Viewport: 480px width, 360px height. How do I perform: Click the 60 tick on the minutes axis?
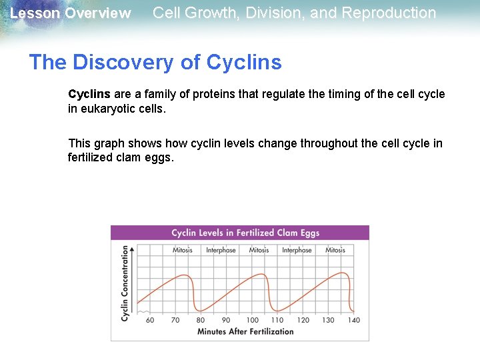tap(149, 320)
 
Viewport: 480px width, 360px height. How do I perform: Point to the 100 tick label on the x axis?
tap(252, 320)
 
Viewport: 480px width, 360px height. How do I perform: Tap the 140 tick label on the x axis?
tap(354, 320)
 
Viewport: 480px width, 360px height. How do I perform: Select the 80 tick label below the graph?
tap(201, 320)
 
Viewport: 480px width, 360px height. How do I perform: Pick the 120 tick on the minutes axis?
tap(303, 320)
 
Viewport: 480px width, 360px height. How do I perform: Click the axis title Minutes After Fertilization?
tap(245, 331)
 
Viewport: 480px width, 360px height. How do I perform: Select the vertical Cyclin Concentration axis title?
tap(125, 283)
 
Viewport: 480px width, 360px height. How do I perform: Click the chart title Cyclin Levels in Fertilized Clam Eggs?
tap(245, 233)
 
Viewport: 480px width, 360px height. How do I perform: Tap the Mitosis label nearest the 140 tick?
tap(335, 250)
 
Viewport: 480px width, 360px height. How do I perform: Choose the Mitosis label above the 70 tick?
tap(182, 250)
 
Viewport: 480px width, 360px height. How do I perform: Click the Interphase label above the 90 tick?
tap(221, 250)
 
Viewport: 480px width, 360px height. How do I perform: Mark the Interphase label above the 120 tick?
tap(297, 250)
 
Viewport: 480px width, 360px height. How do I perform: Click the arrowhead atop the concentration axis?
tap(132, 249)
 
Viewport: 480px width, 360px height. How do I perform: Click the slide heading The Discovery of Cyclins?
tap(155, 62)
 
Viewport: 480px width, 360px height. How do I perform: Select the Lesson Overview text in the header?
tap(71, 13)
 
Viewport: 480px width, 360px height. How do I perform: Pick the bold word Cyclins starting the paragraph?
tap(89, 94)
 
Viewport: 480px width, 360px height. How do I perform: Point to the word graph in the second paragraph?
tap(107, 143)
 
